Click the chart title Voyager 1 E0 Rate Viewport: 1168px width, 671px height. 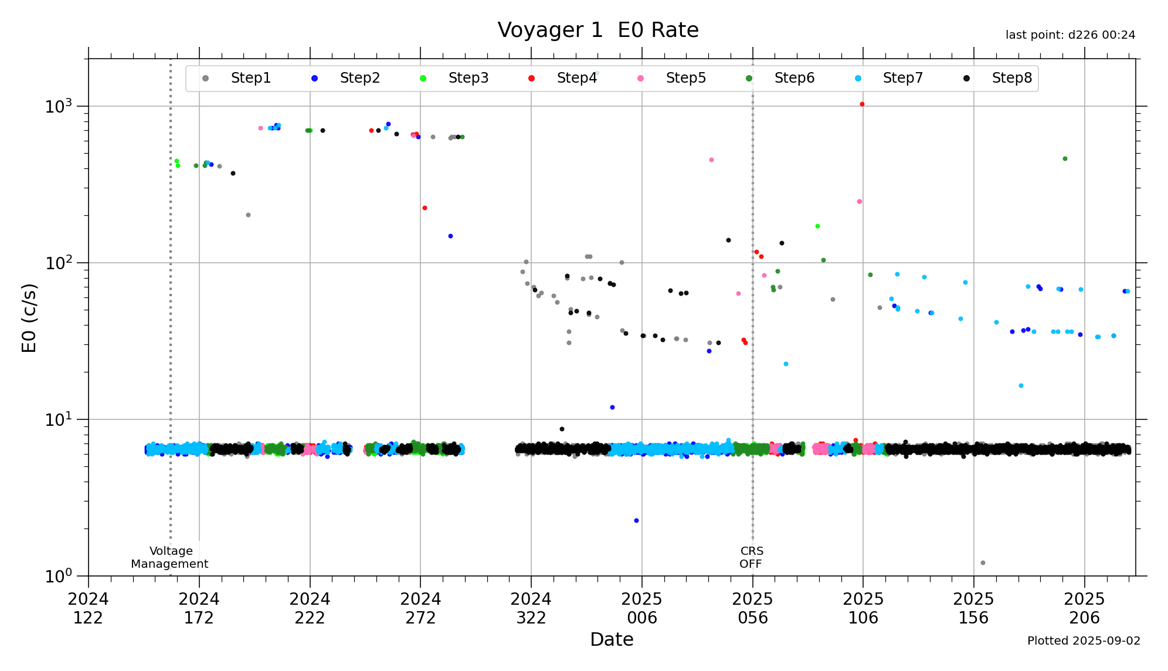tap(597, 30)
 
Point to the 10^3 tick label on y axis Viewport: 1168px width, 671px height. tap(59, 107)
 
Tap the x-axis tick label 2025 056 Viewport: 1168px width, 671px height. tap(752, 608)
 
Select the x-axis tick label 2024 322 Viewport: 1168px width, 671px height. tap(531, 608)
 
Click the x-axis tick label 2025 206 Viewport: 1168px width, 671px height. tap(1084, 608)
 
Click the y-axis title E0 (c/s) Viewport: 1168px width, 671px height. tap(29, 318)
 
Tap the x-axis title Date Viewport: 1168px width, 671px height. tap(612, 639)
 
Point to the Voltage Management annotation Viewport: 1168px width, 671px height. tap(170, 557)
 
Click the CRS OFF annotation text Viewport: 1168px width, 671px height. tap(751, 557)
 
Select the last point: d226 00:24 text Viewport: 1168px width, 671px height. tap(1070, 35)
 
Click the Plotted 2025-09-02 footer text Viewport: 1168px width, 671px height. tap(1084, 640)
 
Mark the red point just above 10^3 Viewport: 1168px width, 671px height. tap(862, 104)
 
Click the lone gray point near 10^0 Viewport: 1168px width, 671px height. tap(983, 562)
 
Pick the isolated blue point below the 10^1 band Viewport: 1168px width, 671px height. tap(636, 520)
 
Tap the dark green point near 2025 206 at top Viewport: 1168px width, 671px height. tap(1065, 159)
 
